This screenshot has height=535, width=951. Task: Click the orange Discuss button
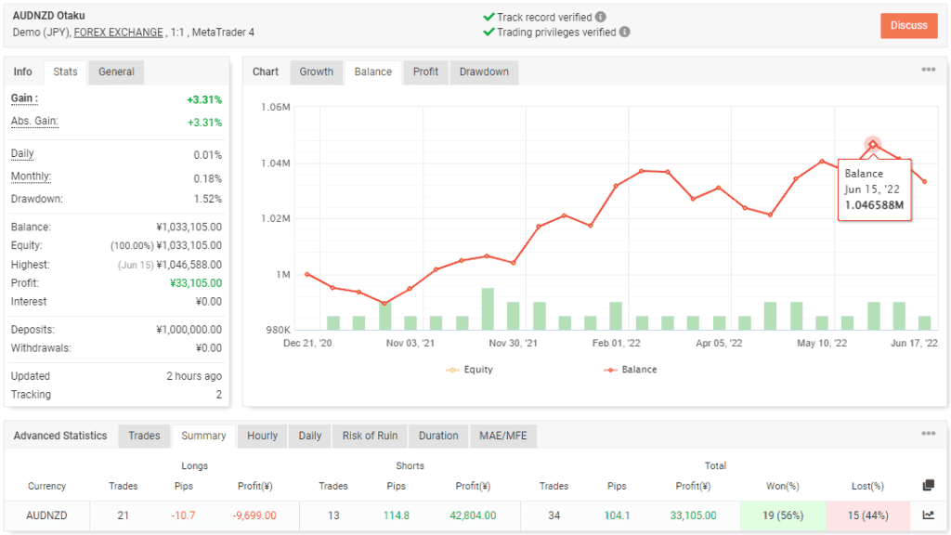coord(908,25)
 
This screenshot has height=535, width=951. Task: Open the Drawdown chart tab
coord(484,72)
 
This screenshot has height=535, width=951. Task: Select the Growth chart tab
coord(316,72)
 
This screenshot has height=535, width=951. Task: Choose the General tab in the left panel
coord(116,72)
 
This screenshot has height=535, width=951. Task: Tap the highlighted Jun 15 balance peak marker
coord(873,144)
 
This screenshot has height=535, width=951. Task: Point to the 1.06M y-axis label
coord(277,108)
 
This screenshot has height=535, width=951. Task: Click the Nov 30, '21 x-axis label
coord(514,344)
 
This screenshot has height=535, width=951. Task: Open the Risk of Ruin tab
coord(370,436)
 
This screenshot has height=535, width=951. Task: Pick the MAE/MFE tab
coord(502,436)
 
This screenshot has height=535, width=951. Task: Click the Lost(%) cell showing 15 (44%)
coord(867,515)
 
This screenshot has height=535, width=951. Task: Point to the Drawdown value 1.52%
coord(207,199)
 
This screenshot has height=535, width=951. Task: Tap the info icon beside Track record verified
coord(601,17)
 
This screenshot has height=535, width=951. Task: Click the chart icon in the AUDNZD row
coord(928,515)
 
